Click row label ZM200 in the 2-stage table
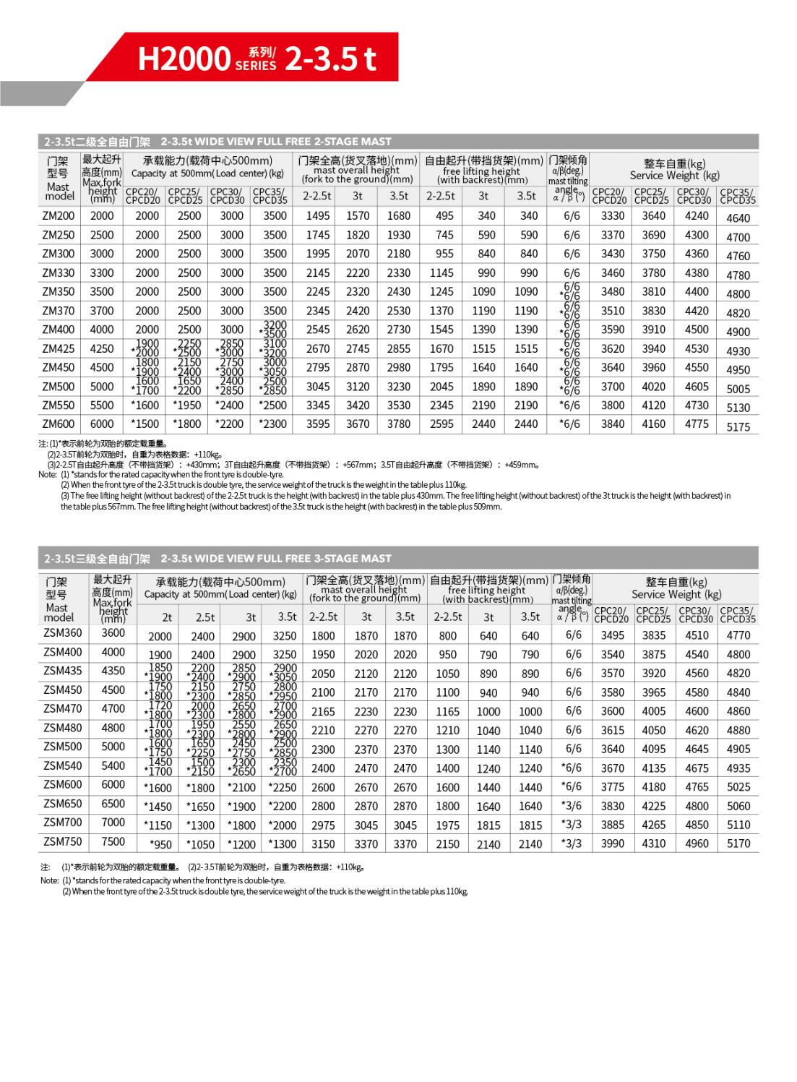tap(59, 215)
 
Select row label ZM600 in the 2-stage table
tap(59, 424)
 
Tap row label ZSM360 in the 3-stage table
tap(63, 633)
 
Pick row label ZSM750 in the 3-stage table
tap(63, 841)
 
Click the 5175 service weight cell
tap(738, 427)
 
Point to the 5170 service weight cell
tap(738, 843)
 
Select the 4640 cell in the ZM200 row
tap(738, 218)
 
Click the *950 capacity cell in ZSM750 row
tap(160, 844)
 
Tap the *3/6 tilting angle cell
tap(572, 805)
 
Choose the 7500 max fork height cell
tap(113, 841)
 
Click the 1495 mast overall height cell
tap(318, 215)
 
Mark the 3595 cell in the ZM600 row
tap(318, 424)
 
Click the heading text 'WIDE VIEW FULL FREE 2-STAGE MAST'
tap(276, 142)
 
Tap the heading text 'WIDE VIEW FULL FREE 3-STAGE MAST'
tap(276, 559)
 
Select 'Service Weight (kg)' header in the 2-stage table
tap(675, 176)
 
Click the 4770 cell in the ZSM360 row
tap(738, 635)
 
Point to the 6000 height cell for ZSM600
tap(113, 784)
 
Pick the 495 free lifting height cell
tap(444, 215)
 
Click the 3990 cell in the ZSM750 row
tap(613, 843)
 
